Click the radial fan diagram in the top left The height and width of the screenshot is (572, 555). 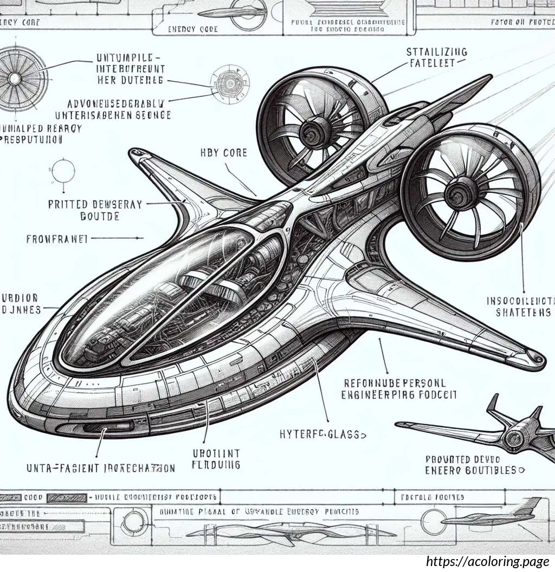pos(15,79)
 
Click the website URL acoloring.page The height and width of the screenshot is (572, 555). pos(487,562)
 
